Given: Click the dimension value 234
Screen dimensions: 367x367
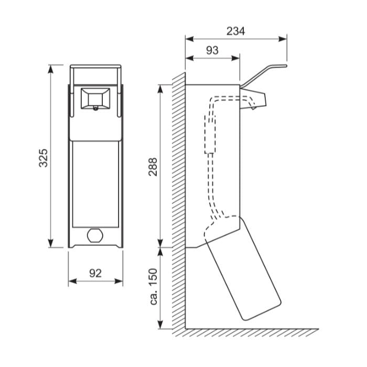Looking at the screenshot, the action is (x=236, y=31).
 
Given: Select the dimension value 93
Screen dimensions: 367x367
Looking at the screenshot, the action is (x=212, y=50).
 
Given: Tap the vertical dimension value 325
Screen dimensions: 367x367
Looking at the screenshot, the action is (x=44, y=158).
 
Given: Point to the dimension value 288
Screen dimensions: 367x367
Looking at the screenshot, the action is (x=153, y=167).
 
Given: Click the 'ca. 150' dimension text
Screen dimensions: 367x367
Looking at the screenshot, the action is (x=153, y=287).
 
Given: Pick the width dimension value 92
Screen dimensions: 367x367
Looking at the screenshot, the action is (x=95, y=273).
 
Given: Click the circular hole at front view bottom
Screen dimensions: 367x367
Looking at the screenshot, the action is (x=95, y=235).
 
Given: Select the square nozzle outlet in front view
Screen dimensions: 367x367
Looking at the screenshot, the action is (x=95, y=99).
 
